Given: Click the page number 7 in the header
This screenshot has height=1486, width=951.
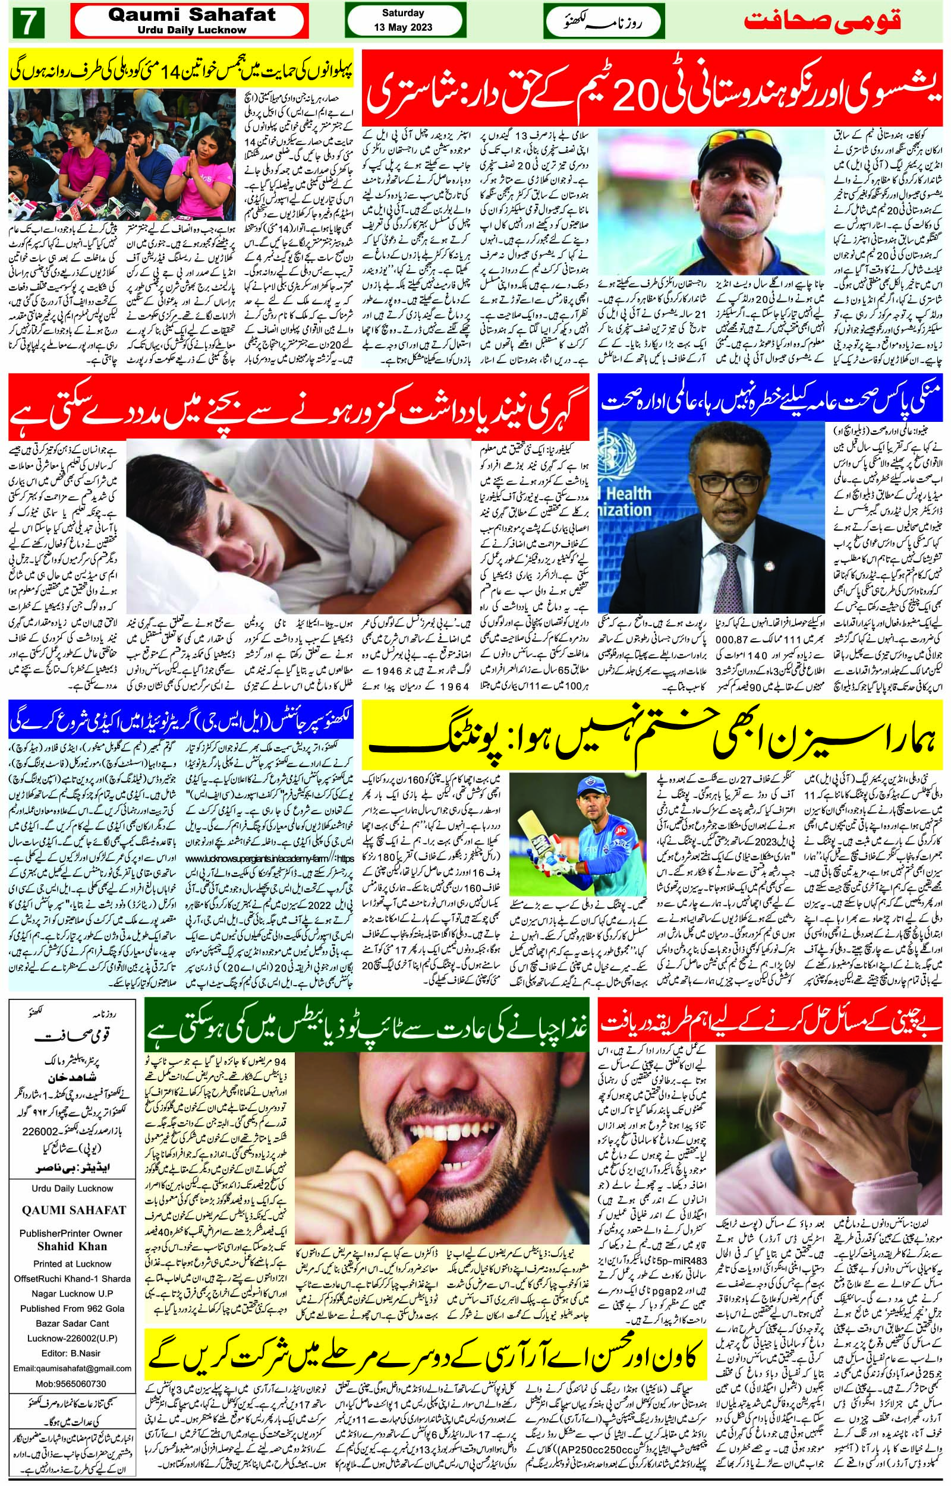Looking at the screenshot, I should click(27, 24).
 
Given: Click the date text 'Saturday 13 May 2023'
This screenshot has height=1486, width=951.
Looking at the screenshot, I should click(402, 20).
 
